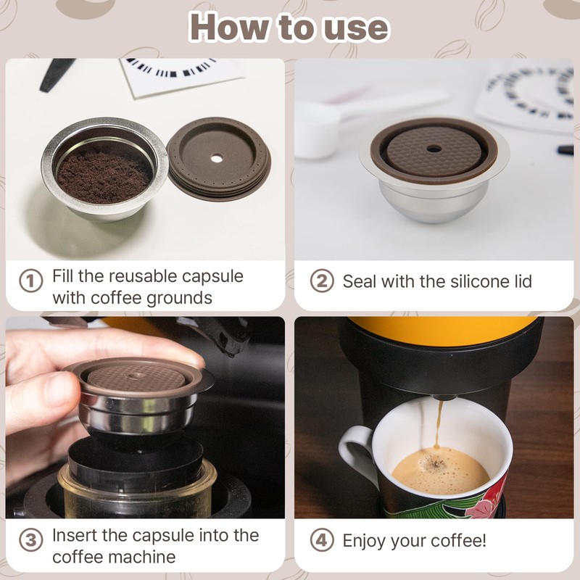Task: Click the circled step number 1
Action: (x=30, y=281)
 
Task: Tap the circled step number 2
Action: (x=321, y=281)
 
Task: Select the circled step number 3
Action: (x=30, y=540)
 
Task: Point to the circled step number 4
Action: (x=321, y=540)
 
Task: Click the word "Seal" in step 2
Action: (x=361, y=281)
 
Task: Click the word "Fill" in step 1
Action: (x=64, y=276)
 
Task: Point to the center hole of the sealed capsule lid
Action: (x=434, y=148)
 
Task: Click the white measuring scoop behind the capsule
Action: (x=319, y=134)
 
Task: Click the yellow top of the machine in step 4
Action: (x=442, y=326)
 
